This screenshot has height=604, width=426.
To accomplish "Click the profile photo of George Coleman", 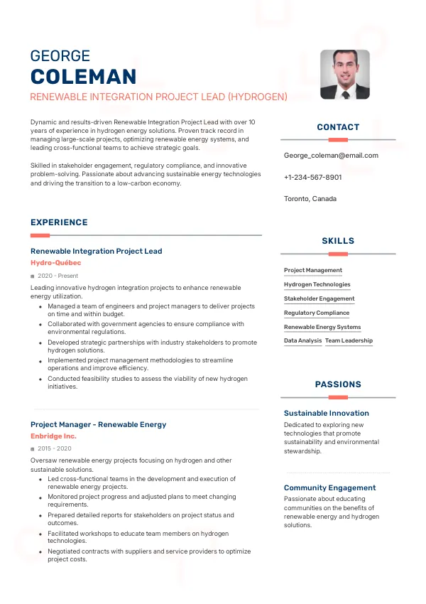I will pos(344,74).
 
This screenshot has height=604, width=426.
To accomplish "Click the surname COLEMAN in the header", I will pos(84,77).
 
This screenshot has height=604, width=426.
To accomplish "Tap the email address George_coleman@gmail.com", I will pos(331,156).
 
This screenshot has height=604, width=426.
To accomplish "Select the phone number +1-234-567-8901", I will pos(312,177).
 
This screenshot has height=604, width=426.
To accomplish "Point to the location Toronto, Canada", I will pos(310,198).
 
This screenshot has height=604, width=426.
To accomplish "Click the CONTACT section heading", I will pos(338,127).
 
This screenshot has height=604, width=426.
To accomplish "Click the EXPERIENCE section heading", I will pos(59,222).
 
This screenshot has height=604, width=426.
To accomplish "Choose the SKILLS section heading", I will pos(338,242).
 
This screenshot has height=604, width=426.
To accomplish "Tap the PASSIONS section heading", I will pos(338,384).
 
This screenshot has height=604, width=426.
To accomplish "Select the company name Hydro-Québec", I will pos(56,263).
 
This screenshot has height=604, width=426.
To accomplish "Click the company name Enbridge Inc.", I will pos(53,436).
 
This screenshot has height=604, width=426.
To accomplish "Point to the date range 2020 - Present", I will pos(58,276).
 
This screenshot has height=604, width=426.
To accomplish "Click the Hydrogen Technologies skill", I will pos(317,284).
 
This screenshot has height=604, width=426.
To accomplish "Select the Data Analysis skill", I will pos(303,341).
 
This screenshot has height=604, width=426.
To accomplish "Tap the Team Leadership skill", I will pos(349,341).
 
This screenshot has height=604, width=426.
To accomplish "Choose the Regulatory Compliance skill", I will pos(317,313).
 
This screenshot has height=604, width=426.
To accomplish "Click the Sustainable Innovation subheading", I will pos(327,413).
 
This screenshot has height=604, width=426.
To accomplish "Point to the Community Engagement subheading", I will pos(330,488).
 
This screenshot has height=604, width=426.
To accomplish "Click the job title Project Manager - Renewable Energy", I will pos(98,425).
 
